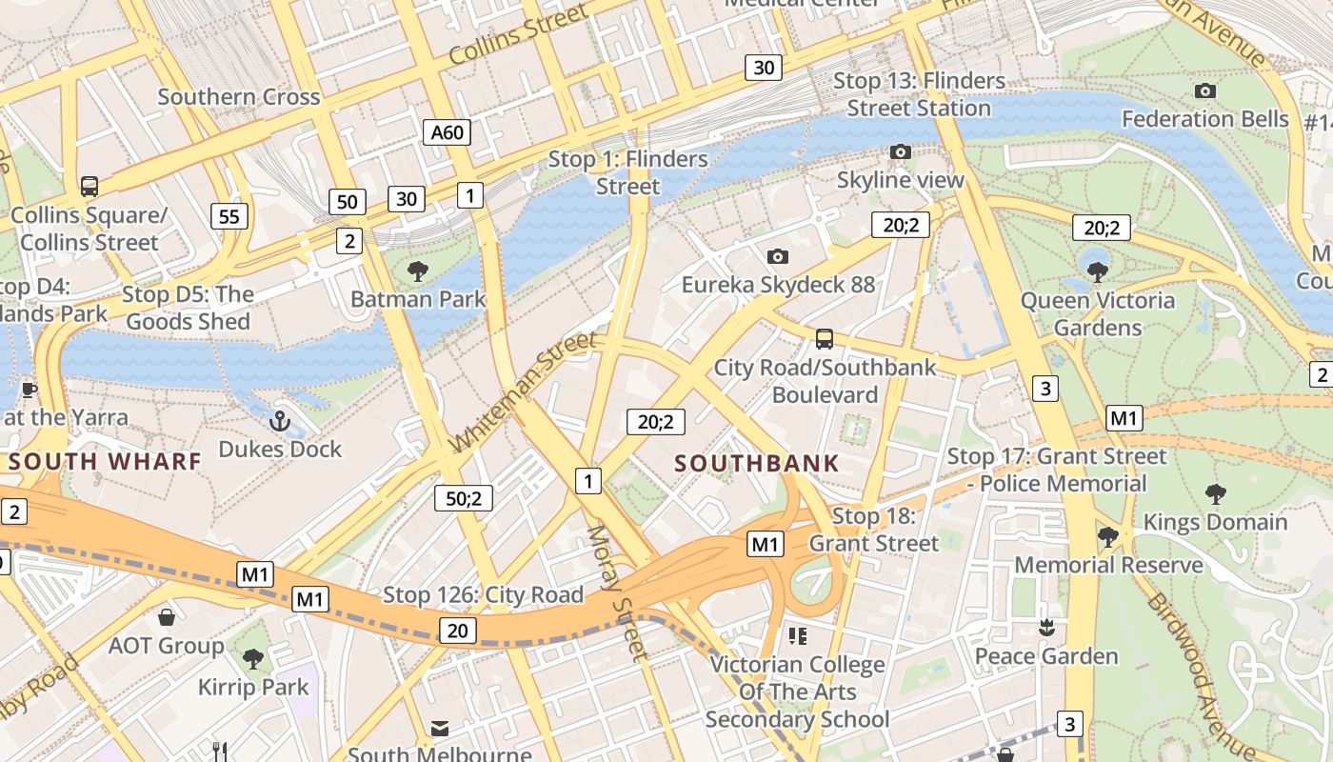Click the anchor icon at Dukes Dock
click(280, 420)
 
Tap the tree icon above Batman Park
click(417, 271)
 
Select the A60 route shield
click(447, 132)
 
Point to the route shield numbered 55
click(229, 216)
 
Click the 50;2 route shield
click(464, 497)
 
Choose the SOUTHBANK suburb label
click(757, 464)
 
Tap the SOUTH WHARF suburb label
click(105, 462)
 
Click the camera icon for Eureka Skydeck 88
click(778, 256)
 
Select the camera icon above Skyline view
click(900, 151)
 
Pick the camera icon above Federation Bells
click(1205, 91)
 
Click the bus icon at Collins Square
click(90, 186)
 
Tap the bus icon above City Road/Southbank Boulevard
click(825, 338)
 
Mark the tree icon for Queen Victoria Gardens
click(1097, 271)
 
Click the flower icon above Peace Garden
click(1046, 628)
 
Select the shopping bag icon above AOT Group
click(167, 617)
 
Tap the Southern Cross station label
click(239, 97)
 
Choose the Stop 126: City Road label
click(483, 595)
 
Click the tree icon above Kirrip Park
click(252, 658)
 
